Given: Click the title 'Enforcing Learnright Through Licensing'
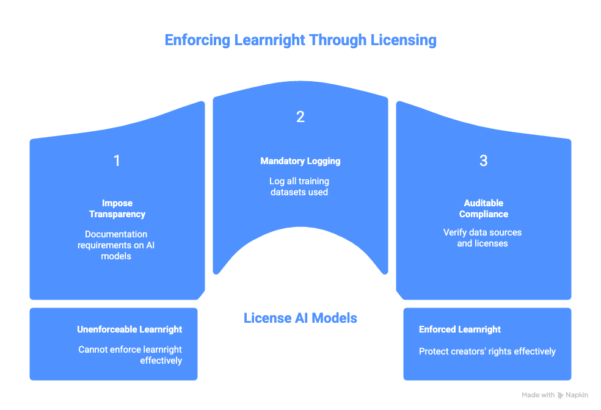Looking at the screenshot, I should [300, 40].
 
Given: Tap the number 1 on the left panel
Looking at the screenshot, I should [117, 161].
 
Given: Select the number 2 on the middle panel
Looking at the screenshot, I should [300, 117].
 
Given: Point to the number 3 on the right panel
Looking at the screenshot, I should [483, 161].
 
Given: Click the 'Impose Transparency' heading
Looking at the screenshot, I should [117, 209].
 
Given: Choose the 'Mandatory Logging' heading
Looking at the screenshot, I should [300, 161].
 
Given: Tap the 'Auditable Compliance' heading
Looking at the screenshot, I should [483, 209].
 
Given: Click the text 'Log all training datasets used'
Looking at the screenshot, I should [300, 187].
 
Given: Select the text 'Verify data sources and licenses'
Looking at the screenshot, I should [483, 238].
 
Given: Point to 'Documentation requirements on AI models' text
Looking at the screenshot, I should [117, 245].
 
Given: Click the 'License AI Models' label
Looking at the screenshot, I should [300, 318].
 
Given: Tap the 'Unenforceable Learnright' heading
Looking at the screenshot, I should [129, 329].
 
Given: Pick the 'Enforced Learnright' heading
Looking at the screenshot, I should [460, 329].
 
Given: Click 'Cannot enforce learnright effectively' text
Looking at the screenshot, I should [130, 355].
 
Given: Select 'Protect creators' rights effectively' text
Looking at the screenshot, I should [487, 351].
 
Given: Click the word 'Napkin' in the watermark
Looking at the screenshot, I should [577, 395].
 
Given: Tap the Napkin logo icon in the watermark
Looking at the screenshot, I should [561, 395].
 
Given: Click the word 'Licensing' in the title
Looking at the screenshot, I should [406, 40].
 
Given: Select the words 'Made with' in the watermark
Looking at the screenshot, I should [538, 395].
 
